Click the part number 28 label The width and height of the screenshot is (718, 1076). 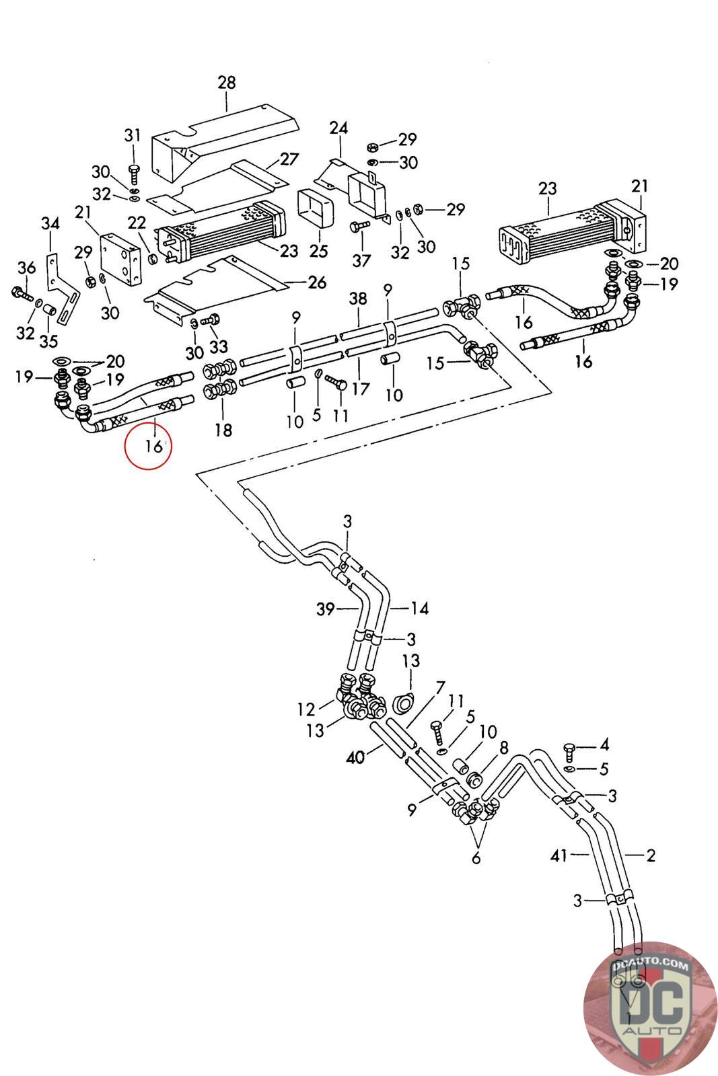tap(227, 83)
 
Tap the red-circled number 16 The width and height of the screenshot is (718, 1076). tap(154, 447)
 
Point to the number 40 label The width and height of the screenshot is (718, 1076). tap(356, 757)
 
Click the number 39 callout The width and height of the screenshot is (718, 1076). tap(326, 609)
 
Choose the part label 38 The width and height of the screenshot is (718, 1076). tap(358, 299)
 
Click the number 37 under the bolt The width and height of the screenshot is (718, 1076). tap(361, 261)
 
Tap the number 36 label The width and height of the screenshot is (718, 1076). tap(26, 268)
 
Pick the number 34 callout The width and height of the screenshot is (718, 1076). tap(50, 223)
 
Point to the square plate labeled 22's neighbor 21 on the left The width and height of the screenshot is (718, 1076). tap(120, 260)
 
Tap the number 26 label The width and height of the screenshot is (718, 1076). tap(317, 282)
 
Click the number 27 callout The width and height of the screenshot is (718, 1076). tap(289, 159)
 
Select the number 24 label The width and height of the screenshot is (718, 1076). tap(339, 128)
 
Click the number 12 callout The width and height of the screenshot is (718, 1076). tap(306, 709)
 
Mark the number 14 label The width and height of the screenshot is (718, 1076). tap(419, 609)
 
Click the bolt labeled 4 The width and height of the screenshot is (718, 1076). tap(569, 752)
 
